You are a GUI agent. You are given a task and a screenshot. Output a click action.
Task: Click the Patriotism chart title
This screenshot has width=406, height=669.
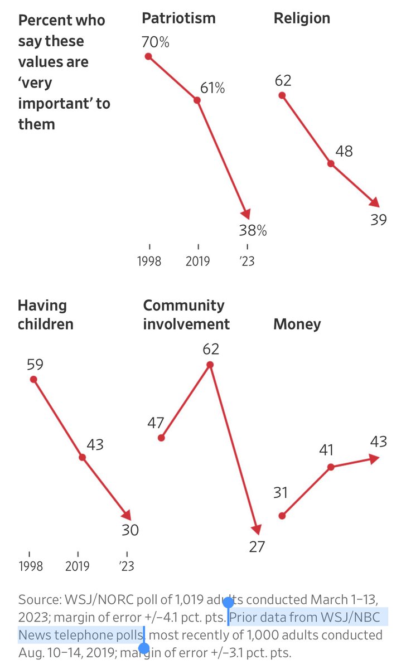tap(178, 18)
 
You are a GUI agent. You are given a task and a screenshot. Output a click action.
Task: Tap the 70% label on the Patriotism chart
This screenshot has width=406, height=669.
tap(156, 42)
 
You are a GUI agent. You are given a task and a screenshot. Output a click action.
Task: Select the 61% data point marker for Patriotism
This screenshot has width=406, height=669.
tap(197, 100)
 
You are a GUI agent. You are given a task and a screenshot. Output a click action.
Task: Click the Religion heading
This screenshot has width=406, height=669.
tap(301, 18)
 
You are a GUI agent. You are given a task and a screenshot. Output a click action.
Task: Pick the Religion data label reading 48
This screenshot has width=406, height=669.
tap(344, 151)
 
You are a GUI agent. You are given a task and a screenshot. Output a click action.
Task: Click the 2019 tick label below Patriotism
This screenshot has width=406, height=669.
tap(197, 261)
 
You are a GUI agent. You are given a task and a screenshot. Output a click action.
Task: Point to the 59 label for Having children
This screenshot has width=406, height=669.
tap(35, 364)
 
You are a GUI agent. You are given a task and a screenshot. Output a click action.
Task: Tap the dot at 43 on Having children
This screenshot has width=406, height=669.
tap(82, 457)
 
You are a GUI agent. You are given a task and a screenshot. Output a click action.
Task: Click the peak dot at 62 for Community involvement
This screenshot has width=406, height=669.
tap(210, 365)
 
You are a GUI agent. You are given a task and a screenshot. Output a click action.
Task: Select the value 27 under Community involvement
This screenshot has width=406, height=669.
tap(257, 546)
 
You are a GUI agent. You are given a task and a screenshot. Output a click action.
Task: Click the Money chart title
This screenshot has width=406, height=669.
tap(297, 324)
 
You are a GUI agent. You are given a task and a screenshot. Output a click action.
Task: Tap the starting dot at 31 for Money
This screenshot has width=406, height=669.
tap(282, 516)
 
